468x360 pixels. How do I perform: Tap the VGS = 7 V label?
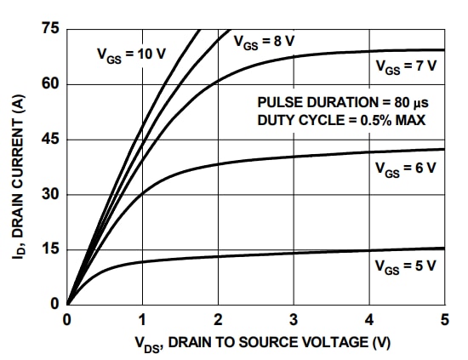405,66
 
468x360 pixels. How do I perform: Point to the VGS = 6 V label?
405,169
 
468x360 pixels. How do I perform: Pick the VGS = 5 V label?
405,266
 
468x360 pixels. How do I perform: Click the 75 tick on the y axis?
50,30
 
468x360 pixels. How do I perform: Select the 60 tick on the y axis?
50,84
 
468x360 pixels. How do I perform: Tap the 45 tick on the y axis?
50,140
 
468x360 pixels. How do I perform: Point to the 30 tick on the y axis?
50,194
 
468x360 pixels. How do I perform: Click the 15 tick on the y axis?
50,249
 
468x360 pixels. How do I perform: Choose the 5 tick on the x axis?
444,320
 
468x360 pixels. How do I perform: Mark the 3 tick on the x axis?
294,320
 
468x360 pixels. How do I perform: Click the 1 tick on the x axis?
143,320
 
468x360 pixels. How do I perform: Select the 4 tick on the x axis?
369,320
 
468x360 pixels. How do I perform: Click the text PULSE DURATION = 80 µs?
341,102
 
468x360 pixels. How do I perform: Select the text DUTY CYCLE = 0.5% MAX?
341,120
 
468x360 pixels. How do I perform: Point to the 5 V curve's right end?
444,249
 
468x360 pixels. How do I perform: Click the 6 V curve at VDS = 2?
219,164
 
